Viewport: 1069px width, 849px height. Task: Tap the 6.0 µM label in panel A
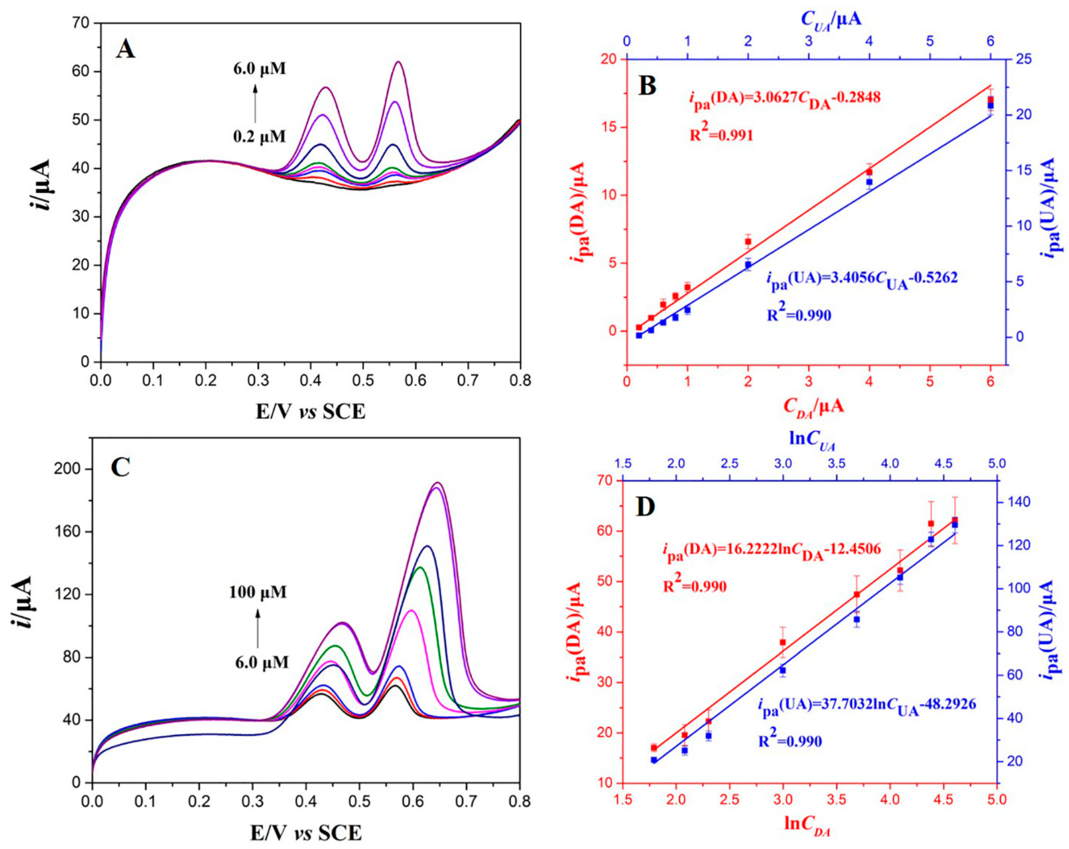click(x=260, y=68)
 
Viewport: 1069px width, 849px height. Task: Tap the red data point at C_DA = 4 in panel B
click(x=869, y=172)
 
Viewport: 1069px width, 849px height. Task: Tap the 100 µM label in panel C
click(x=258, y=592)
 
